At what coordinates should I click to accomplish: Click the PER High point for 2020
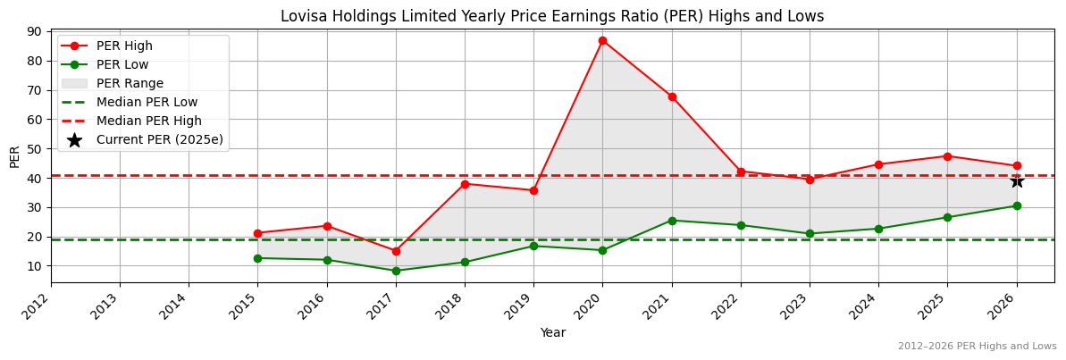(602, 40)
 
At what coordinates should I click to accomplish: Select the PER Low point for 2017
(396, 271)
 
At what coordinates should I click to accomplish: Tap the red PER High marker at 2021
(672, 96)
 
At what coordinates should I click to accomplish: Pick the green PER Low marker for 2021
(672, 221)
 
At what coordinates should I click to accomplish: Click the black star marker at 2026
(1017, 180)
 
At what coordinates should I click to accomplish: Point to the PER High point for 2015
(257, 233)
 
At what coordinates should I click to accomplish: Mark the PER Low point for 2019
(533, 246)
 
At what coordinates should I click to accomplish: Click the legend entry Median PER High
(148, 121)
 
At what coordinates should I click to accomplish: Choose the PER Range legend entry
(130, 83)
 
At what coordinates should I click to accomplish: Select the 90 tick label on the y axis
(34, 31)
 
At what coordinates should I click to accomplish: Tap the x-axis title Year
(552, 332)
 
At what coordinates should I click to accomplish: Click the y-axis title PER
(14, 156)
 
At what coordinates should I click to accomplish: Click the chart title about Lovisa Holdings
(552, 16)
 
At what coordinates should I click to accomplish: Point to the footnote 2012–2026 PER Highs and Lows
(977, 346)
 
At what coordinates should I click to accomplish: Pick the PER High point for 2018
(465, 184)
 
